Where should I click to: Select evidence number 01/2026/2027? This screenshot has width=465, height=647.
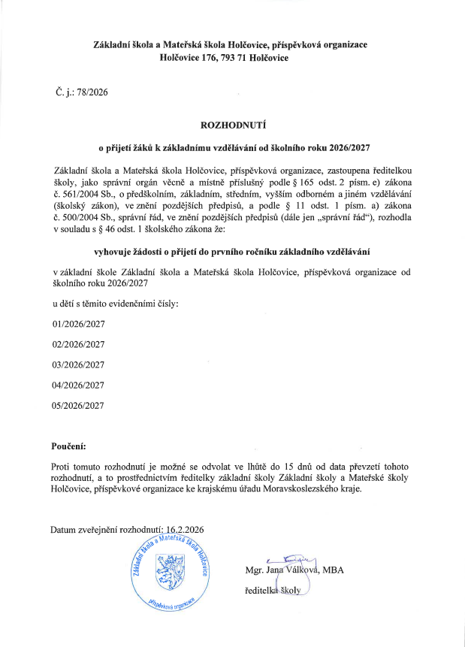tap(77, 325)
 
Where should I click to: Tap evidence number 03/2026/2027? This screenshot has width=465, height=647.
tap(77, 365)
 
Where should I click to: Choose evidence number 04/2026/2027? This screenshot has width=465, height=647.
tap(77, 385)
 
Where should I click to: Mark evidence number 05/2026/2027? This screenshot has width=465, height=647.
tap(77, 406)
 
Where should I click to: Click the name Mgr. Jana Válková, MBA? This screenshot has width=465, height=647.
tap(294, 570)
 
